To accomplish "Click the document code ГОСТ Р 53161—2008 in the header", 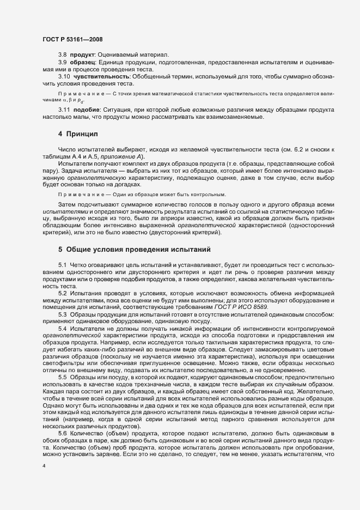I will coord(72,39).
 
